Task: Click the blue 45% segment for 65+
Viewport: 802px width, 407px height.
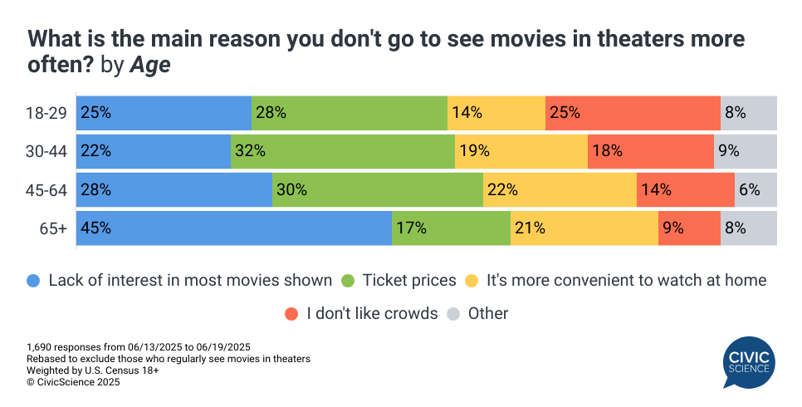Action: coord(233,228)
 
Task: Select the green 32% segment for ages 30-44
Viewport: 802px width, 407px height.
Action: coord(342,151)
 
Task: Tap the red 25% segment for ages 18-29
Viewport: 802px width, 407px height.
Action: coord(633,113)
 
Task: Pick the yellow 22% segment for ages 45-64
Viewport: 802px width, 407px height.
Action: coord(560,189)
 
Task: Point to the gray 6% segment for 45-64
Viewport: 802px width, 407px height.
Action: coord(756,189)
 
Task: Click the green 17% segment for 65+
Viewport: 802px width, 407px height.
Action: coord(451,228)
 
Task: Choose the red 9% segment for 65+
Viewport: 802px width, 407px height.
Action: coord(689,228)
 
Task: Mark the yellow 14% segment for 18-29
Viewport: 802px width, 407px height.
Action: coord(496,113)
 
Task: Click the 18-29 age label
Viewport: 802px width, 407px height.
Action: coord(47,113)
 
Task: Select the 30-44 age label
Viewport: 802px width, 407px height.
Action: coord(47,151)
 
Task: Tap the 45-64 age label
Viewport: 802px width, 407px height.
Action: coord(47,189)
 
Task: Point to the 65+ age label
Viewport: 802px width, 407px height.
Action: coord(54,228)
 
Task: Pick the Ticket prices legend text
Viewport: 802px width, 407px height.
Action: coord(409,281)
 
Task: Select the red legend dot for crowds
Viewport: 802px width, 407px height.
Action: coord(291,314)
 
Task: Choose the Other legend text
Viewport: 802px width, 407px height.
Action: coord(488,314)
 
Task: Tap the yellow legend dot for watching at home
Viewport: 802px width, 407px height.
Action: coord(472,281)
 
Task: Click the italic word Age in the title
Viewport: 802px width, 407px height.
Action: coord(149,66)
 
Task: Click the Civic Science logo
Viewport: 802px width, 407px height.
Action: coord(748,361)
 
